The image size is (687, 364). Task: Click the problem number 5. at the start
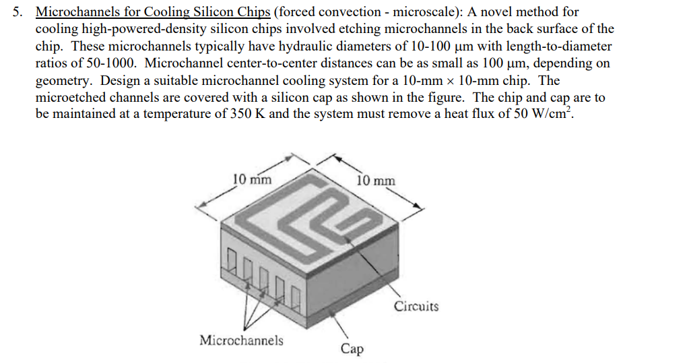[x=21, y=12]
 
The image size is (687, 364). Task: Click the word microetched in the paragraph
[x=69, y=97]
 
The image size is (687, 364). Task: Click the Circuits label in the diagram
[x=416, y=307]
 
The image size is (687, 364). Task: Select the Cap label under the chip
[x=352, y=348]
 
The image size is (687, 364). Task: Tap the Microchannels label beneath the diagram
[x=241, y=340]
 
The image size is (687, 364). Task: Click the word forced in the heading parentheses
[x=296, y=12]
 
